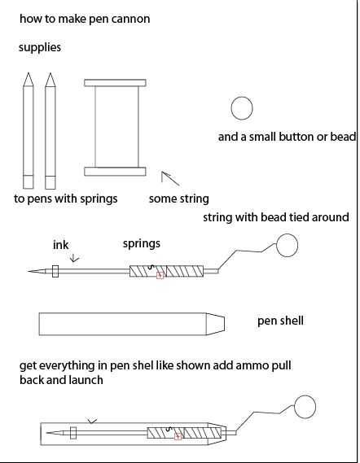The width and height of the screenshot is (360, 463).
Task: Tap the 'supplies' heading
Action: [40, 47]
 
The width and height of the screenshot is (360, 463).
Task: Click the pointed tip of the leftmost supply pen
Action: [29, 72]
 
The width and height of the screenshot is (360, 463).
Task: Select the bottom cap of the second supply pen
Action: [50, 182]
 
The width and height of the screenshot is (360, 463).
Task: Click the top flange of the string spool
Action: [115, 83]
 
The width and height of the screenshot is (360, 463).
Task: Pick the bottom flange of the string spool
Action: [115, 172]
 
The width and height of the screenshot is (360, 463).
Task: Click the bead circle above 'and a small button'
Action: [242, 108]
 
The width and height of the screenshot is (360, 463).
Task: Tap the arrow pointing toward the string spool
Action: [170, 179]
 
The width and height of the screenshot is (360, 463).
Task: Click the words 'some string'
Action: [179, 199]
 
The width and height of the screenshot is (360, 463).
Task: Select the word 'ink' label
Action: [60, 245]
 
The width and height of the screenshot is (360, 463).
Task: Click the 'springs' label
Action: [142, 244]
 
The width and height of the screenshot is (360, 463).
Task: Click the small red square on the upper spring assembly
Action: [160, 275]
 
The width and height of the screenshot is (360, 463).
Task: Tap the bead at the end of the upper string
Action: [288, 245]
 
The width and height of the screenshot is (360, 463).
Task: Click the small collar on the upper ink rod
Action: [55, 271]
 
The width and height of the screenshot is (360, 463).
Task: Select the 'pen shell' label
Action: [280, 321]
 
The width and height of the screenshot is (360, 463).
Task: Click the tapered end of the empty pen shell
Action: [215, 324]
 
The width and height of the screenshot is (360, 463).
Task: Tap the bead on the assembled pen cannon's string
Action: [305, 407]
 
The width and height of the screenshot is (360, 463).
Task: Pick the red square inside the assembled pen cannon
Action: [178, 436]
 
